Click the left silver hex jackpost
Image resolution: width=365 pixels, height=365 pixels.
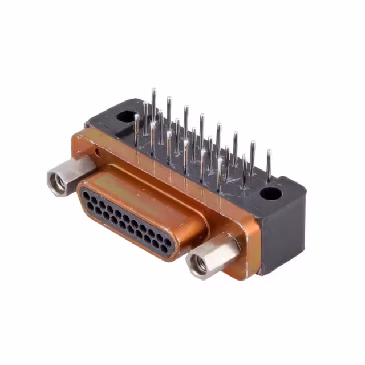[70, 174]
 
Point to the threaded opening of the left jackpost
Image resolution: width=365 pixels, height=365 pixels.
[57, 182]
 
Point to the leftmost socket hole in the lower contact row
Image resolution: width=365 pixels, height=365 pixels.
[93, 207]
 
